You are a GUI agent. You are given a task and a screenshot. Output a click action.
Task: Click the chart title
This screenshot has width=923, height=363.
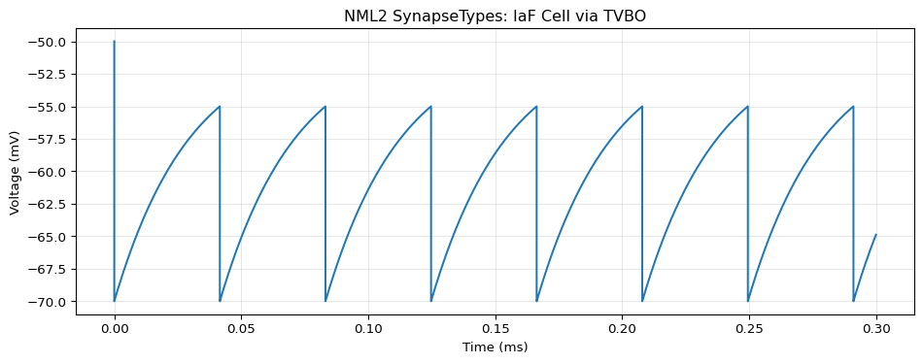pyautogui.click(x=496, y=16)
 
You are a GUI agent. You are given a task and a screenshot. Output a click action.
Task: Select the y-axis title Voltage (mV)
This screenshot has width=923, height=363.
pyautogui.click(x=15, y=171)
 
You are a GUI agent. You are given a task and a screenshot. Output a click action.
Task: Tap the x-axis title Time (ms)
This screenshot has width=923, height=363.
pyautogui.click(x=496, y=347)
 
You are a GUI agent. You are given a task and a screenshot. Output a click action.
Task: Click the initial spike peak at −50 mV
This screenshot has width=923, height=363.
pyautogui.click(x=115, y=42)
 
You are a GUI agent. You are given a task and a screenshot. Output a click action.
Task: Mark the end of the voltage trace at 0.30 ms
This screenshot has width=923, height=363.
pyautogui.click(x=876, y=235)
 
